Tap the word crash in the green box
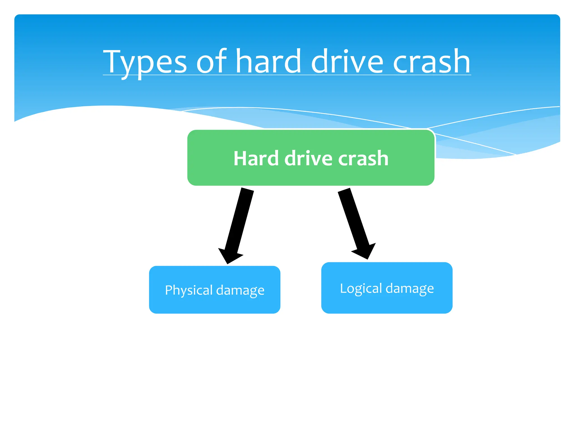(363, 159)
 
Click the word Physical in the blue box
(189, 290)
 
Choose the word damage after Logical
(410, 288)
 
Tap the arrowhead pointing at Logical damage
(364, 251)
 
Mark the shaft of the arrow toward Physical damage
(240, 219)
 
